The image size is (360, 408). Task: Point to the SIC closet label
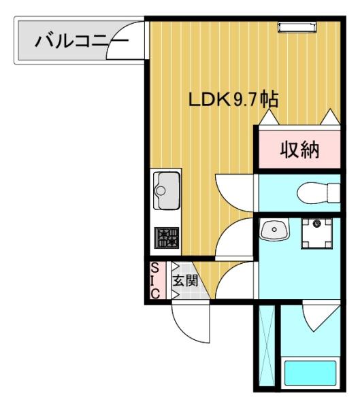click(x=154, y=281)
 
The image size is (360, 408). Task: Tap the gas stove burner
click(x=165, y=238)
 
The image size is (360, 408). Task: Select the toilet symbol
click(x=320, y=192)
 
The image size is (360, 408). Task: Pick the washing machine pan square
click(x=316, y=234)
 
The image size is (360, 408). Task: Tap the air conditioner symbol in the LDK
click(x=297, y=27)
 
